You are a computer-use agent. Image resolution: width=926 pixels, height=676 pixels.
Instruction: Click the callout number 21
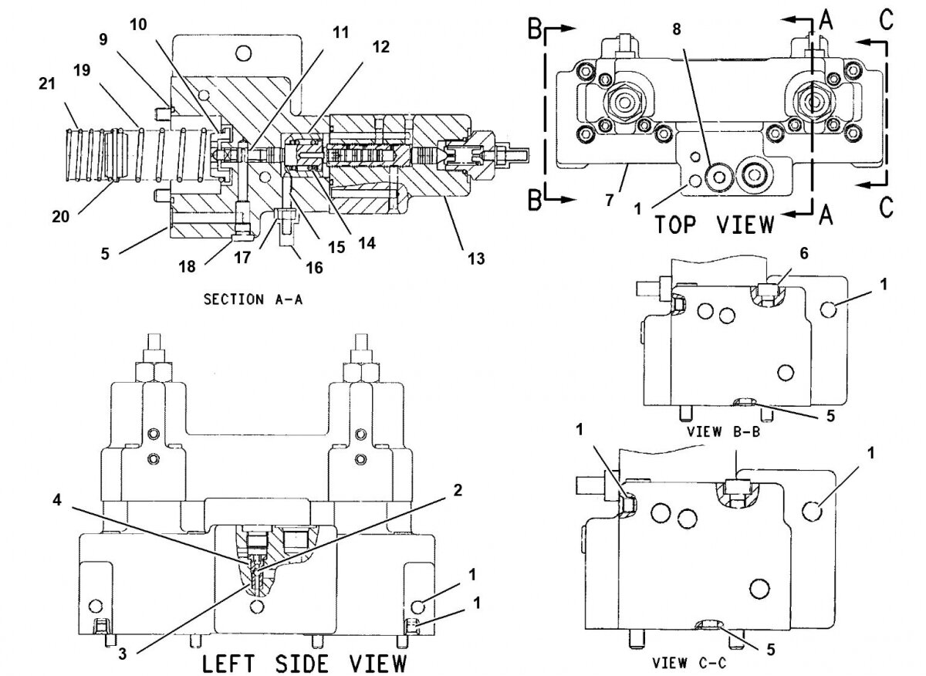coord(47,84)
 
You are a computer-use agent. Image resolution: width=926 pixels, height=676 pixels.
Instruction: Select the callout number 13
coord(476,259)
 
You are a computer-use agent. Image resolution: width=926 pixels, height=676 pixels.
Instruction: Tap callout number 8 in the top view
coord(676,29)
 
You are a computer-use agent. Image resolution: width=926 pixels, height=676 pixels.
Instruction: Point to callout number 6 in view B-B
coord(804,253)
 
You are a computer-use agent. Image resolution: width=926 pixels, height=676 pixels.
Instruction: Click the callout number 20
coord(60,217)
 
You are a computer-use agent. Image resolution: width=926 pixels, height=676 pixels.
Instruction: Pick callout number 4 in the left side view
coord(57,500)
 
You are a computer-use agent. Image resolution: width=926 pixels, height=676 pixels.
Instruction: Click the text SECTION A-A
coord(253,299)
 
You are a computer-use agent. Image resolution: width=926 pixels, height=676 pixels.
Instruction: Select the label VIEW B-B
coord(724,432)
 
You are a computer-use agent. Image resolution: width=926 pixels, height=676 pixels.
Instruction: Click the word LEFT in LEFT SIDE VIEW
coord(228,664)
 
